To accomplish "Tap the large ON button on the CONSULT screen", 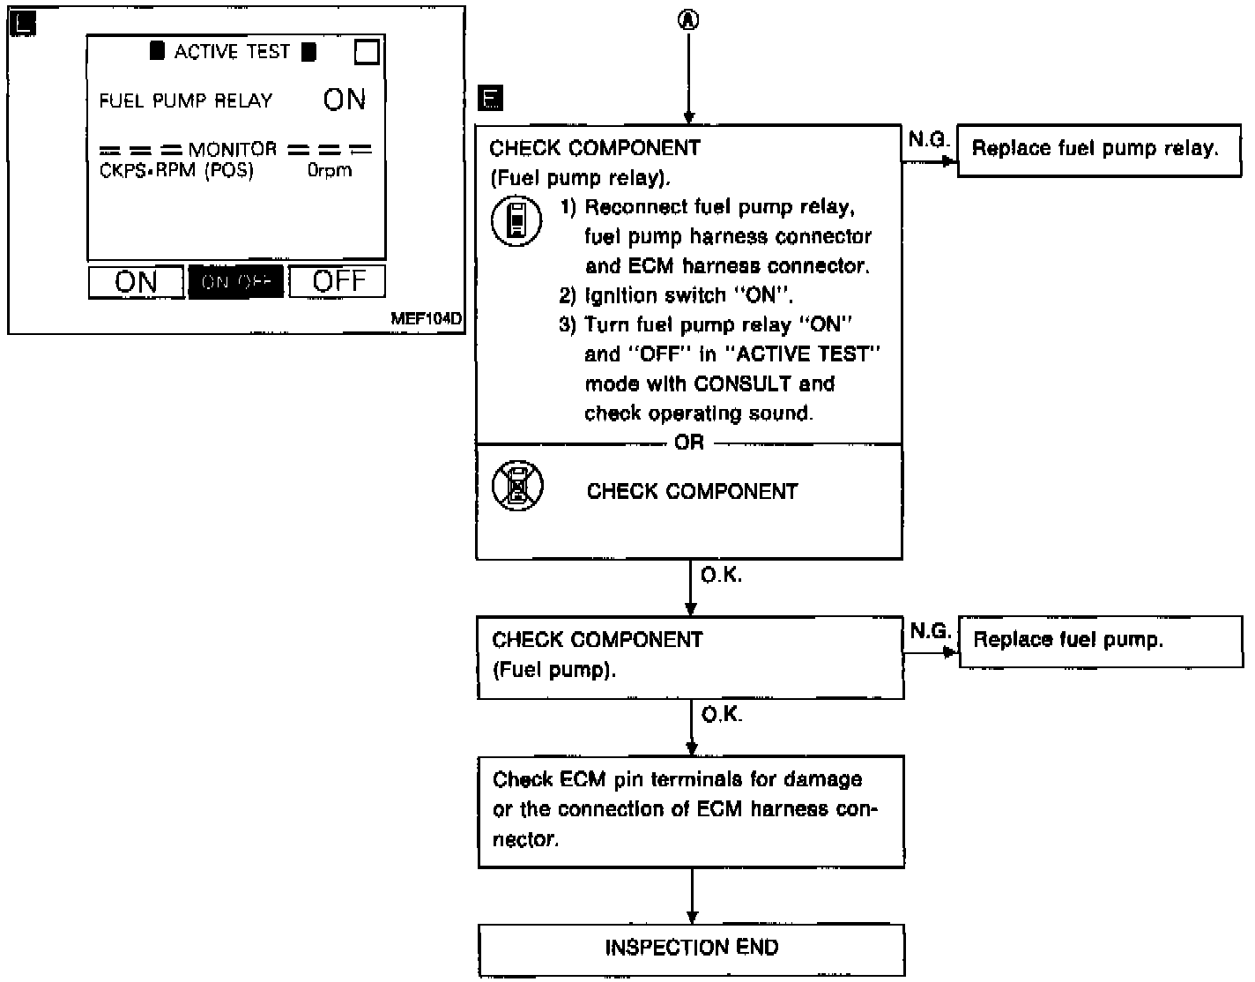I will tap(136, 282).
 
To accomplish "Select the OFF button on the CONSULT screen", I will tap(338, 281).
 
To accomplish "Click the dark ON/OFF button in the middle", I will tap(236, 282).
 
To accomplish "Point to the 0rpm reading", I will tap(330, 170).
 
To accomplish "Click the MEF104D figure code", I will tap(426, 318).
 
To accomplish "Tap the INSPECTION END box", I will tap(691, 949).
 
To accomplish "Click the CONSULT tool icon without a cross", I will tap(516, 220).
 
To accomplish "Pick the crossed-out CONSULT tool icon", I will tap(517, 486).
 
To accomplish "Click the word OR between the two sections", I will tap(689, 443).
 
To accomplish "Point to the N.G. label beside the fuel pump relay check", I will tap(929, 139).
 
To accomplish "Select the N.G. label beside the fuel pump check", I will tap(930, 631).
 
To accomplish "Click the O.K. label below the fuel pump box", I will tap(721, 714).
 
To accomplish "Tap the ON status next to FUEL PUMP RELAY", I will tap(344, 100).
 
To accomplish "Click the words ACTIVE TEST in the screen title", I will tap(232, 52).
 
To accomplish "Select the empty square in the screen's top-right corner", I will tap(367, 52).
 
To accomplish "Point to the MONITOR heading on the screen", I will tap(233, 150).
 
